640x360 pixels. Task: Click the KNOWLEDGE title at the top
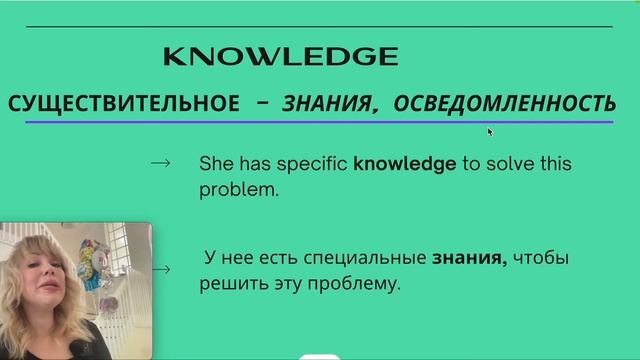(x=280, y=56)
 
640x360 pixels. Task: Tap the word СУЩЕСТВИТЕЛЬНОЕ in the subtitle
(x=123, y=103)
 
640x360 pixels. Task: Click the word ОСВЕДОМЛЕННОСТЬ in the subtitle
(x=504, y=103)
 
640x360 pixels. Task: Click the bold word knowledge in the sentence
(x=404, y=163)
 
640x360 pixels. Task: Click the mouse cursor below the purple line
(x=490, y=131)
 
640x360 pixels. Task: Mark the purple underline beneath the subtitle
(x=320, y=122)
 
